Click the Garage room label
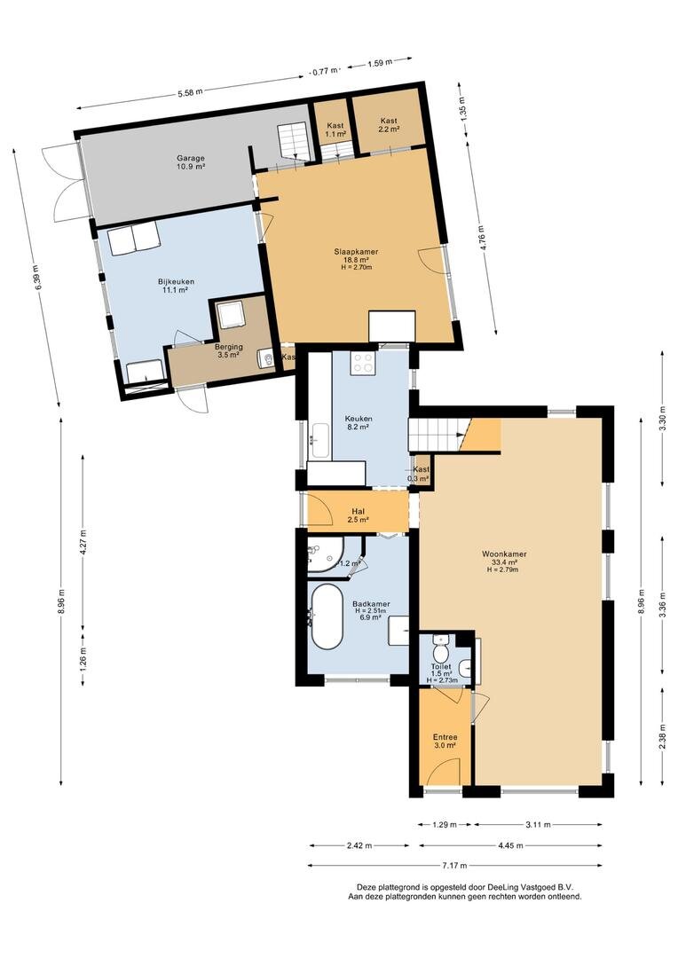click(x=192, y=157)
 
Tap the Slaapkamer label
click(x=356, y=251)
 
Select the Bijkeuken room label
click(x=176, y=282)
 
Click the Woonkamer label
click(x=504, y=554)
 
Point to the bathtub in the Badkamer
click(x=327, y=616)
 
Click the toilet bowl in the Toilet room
click(x=441, y=647)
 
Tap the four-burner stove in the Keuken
click(x=363, y=363)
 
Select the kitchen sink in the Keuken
click(x=319, y=440)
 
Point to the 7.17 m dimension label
click(x=454, y=865)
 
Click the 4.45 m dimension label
click(x=510, y=845)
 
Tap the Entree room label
click(x=445, y=737)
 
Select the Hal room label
click(x=359, y=512)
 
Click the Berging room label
click(x=228, y=347)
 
